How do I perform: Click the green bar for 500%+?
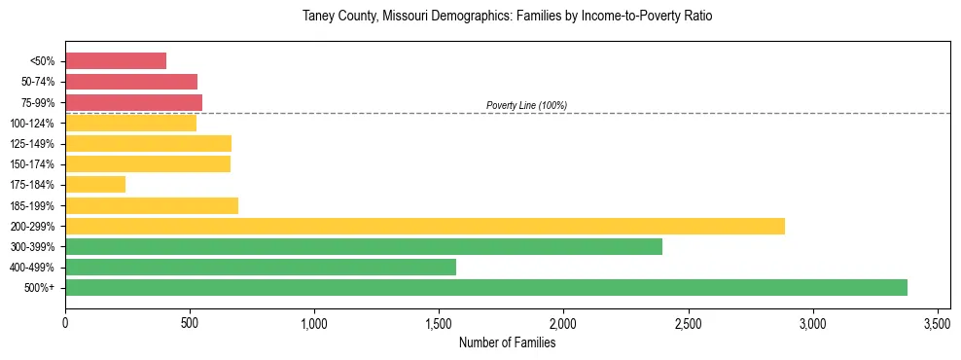pos(486,287)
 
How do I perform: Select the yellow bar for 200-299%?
pos(425,226)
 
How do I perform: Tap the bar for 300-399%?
pos(364,246)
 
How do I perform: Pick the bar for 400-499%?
pos(261,267)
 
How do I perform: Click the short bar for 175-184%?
pos(95,184)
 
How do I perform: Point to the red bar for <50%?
pos(116,60)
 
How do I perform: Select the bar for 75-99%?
pos(133,102)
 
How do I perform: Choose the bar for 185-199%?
pos(152,205)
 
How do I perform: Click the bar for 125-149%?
pos(148,143)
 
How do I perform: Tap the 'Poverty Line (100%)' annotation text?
pos(526,105)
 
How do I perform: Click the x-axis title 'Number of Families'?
pos(508,342)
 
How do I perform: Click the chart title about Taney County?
pos(508,17)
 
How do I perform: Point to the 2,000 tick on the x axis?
pos(564,322)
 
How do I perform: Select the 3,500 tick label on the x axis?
pos(938,322)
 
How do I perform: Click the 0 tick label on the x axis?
pos(65,322)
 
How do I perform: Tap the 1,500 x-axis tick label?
pos(440,322)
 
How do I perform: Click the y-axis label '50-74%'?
pos(38,82)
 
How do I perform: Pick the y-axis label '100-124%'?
pos(33,123)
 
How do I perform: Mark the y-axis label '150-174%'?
pos(33,164)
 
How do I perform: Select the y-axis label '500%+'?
pos(40,288)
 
